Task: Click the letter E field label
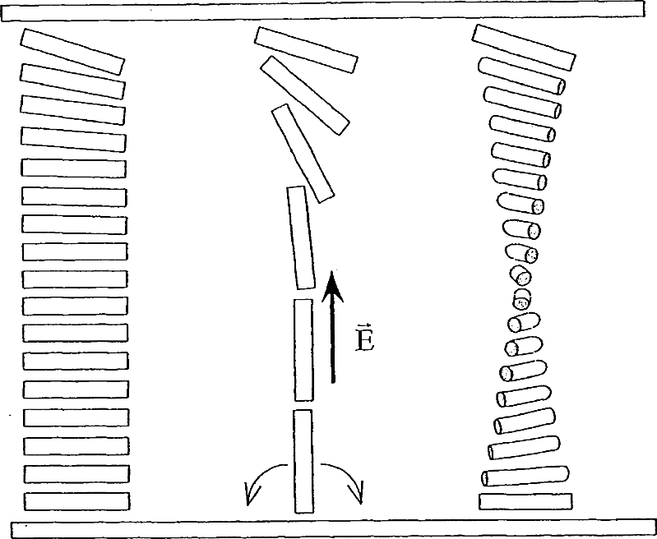click(364, 341)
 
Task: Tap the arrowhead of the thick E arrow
click(332, 286)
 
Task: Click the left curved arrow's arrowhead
click(252, 493)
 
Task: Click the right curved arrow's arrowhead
click(355, 492)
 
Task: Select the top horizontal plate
click(323, 11)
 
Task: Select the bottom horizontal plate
click(334, 530)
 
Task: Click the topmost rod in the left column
click(72, 52)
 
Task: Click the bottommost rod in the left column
click(77, 501)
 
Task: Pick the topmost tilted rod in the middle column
click(306, 50)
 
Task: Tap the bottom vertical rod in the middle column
click(303, 461)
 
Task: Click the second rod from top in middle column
click(304, 95)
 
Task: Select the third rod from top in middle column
click(303, 154)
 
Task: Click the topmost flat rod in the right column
click(524, 48)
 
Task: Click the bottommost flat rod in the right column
click(525, 501)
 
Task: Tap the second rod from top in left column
click(72, 81)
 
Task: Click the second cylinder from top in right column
click(521, 76)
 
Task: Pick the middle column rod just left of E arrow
click(303, 350)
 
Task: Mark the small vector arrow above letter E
click(363, 326)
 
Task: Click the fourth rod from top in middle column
click(300, 237)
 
